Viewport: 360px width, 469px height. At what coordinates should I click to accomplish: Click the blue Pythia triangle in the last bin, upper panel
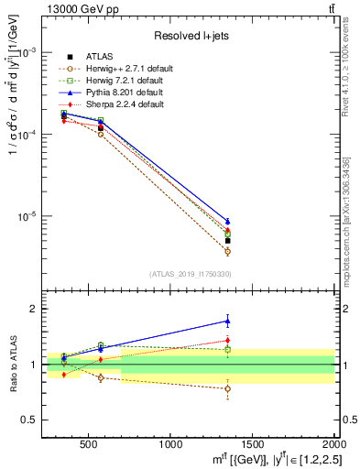point(227,221)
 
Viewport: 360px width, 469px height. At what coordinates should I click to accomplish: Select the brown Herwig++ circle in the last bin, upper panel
point(227,251)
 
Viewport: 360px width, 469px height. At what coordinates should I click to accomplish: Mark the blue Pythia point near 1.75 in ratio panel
point(227,321)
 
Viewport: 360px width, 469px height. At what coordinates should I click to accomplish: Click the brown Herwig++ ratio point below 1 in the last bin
point(227,388)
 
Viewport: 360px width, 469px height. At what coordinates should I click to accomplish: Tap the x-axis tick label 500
point(89,443)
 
